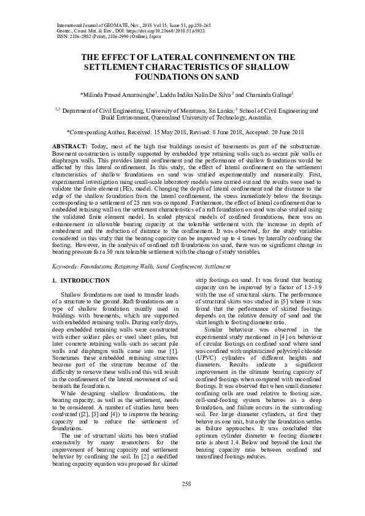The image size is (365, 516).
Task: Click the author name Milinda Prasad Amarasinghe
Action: coord(118,95)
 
